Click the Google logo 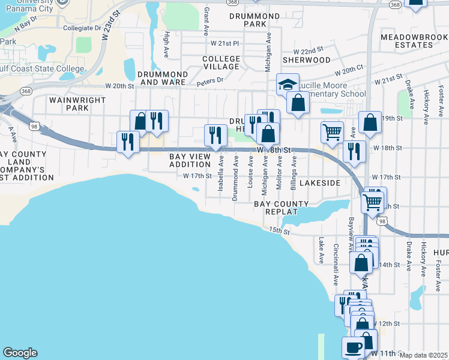click(20, 353)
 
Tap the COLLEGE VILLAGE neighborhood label click(221, 62)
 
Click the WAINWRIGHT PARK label click(69, 104)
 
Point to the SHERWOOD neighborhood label click(306, 60)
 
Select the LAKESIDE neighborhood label click(320, 182)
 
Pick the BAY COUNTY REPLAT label click(281, 208)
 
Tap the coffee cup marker click(353, 346)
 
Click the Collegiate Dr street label click(82, 28)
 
